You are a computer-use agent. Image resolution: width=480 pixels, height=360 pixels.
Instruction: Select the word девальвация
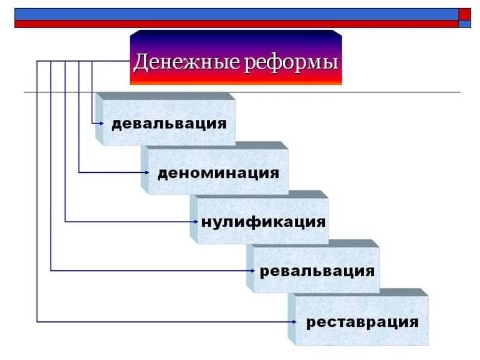click(169, 122)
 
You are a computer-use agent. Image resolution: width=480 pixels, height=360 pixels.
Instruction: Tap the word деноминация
click(218, 172)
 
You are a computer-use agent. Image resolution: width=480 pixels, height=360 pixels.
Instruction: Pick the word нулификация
click(263, 221)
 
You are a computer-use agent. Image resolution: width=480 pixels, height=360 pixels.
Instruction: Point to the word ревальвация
click(317, 271)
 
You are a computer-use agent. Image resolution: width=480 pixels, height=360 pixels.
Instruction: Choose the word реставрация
click(362, 322)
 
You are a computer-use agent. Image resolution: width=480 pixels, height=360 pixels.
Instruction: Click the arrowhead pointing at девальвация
click(100, 123)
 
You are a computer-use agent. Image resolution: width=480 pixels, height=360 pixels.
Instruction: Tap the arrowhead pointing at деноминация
click(146, 172)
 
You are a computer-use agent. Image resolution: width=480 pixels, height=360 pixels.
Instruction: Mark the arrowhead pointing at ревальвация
click(252, 270)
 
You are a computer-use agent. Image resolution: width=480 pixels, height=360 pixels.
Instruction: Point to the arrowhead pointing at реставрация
click(294, 321)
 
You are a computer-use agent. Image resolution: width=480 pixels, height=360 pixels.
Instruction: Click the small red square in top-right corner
click(464, 14)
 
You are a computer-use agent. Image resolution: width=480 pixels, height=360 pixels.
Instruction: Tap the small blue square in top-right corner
click(464, 24)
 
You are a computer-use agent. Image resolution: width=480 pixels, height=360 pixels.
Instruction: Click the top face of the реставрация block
click(358, 292)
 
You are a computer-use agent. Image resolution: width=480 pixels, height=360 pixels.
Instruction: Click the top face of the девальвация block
click(165, 97)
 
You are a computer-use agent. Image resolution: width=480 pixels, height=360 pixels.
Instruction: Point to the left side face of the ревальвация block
click(250, 269)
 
